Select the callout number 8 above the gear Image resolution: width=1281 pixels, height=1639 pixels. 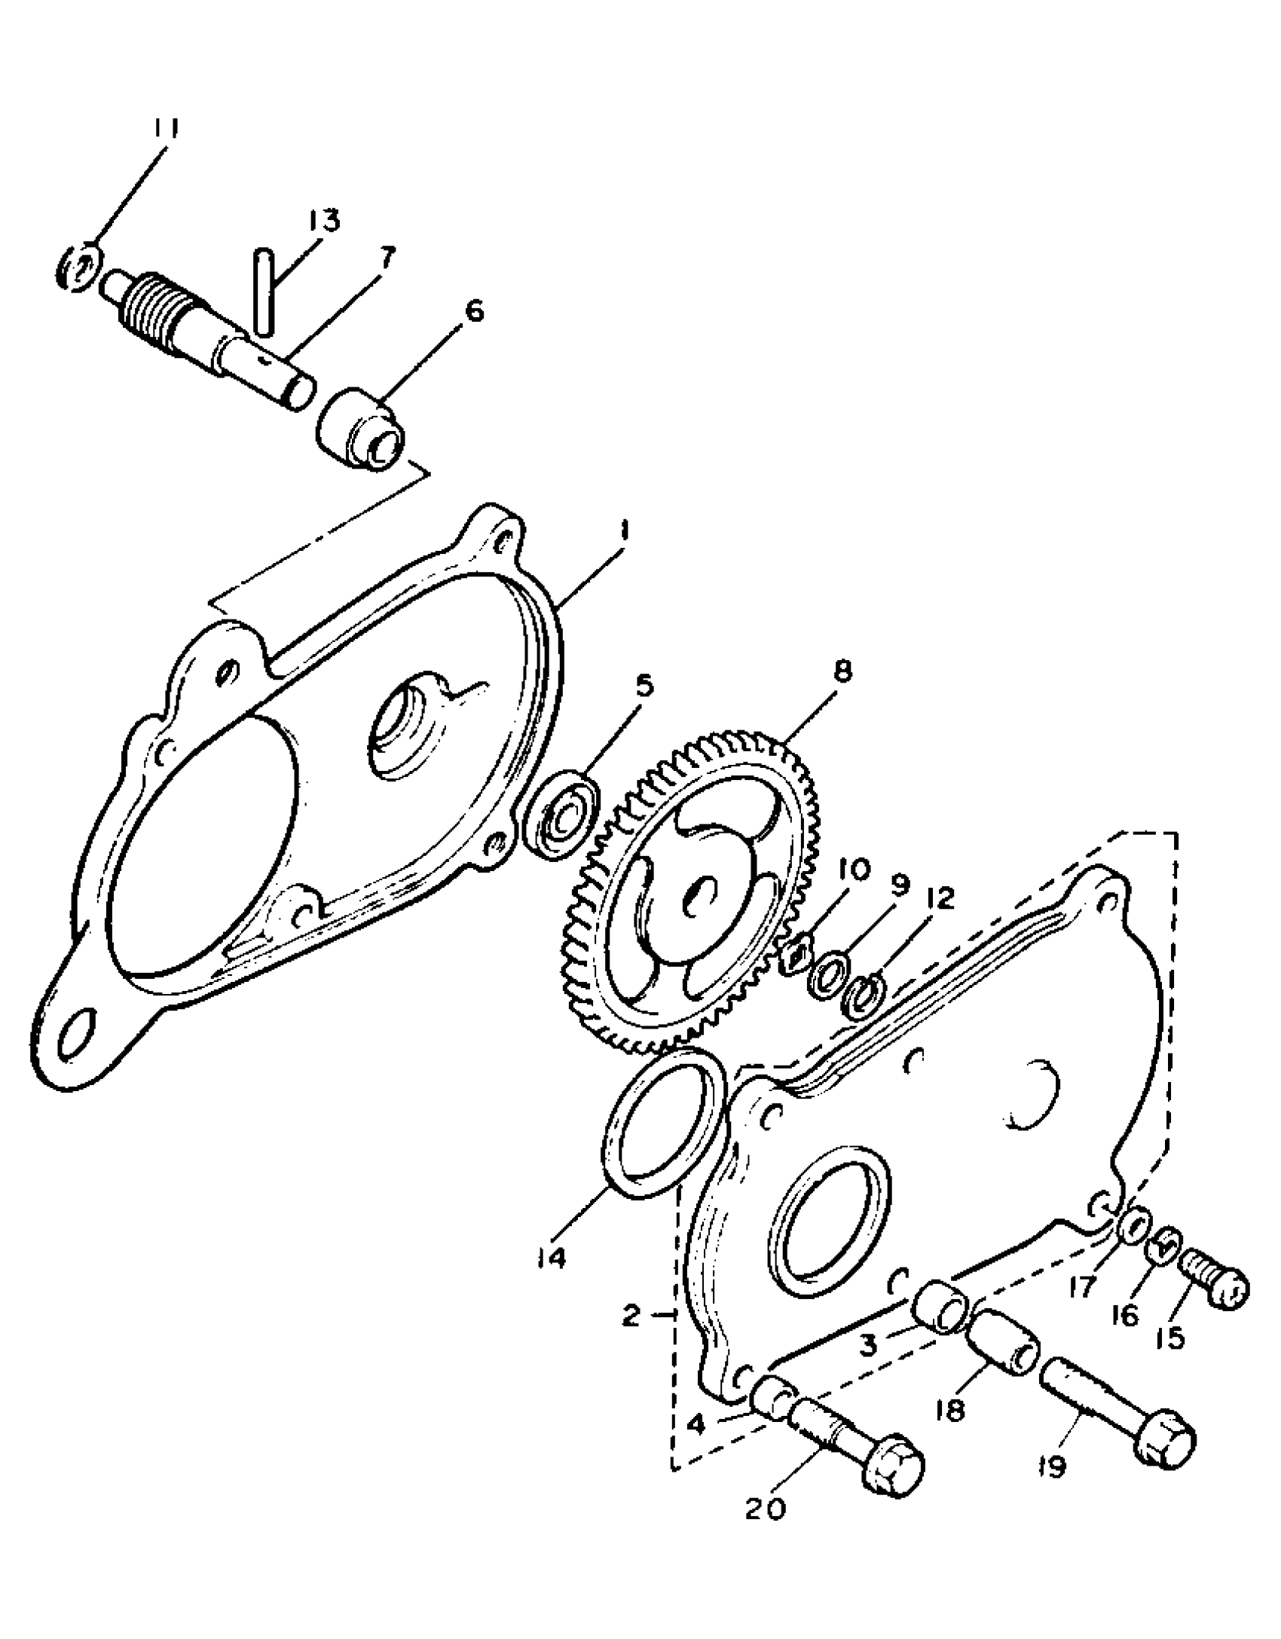pos(843,671)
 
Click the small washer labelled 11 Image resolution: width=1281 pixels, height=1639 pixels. pos(78,266)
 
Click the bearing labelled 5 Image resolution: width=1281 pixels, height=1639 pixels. pos(562,812)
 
